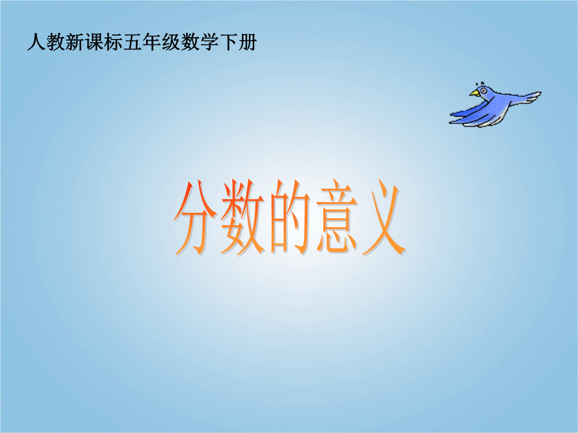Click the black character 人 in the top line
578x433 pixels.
point(36,42)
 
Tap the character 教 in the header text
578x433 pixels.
point(56,42)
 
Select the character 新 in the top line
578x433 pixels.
point(75,42)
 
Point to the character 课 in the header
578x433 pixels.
point(94,42)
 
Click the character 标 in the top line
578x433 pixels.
point(113,42)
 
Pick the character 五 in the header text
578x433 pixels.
point(132,42)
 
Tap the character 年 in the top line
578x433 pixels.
point(151,42)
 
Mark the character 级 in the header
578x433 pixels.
point(171,42)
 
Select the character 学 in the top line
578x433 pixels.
point(209,42)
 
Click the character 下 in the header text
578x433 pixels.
point(228,42)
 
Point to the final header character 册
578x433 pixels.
point(247,42)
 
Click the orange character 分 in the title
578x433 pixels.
point(195,218)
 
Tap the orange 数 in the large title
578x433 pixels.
point(243,218)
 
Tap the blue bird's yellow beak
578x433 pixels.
point(474,93)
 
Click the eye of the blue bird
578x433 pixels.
point(483,90)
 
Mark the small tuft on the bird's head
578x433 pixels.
point(480,83)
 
